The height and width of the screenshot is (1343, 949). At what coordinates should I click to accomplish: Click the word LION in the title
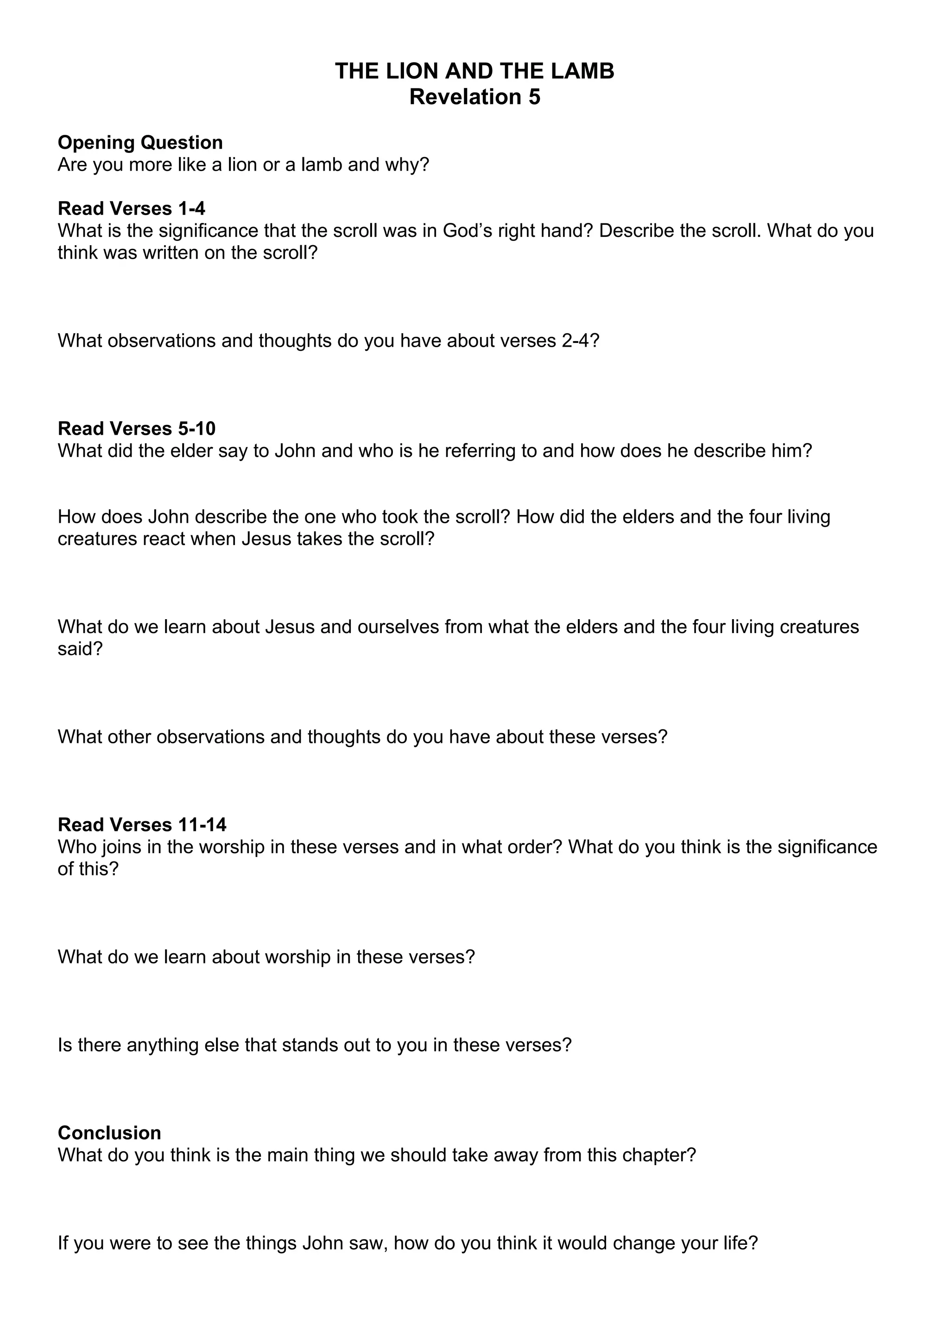click(x=411, y=71)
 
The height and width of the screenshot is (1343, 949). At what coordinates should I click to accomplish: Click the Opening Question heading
click(x=140, y=142)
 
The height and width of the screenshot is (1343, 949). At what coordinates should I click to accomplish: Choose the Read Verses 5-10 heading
click(x=136, y=428)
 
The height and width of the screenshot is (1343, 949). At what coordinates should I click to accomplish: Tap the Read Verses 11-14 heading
click(x=141, y=825)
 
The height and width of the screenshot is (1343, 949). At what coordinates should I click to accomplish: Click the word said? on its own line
click(x=80, y=649)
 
